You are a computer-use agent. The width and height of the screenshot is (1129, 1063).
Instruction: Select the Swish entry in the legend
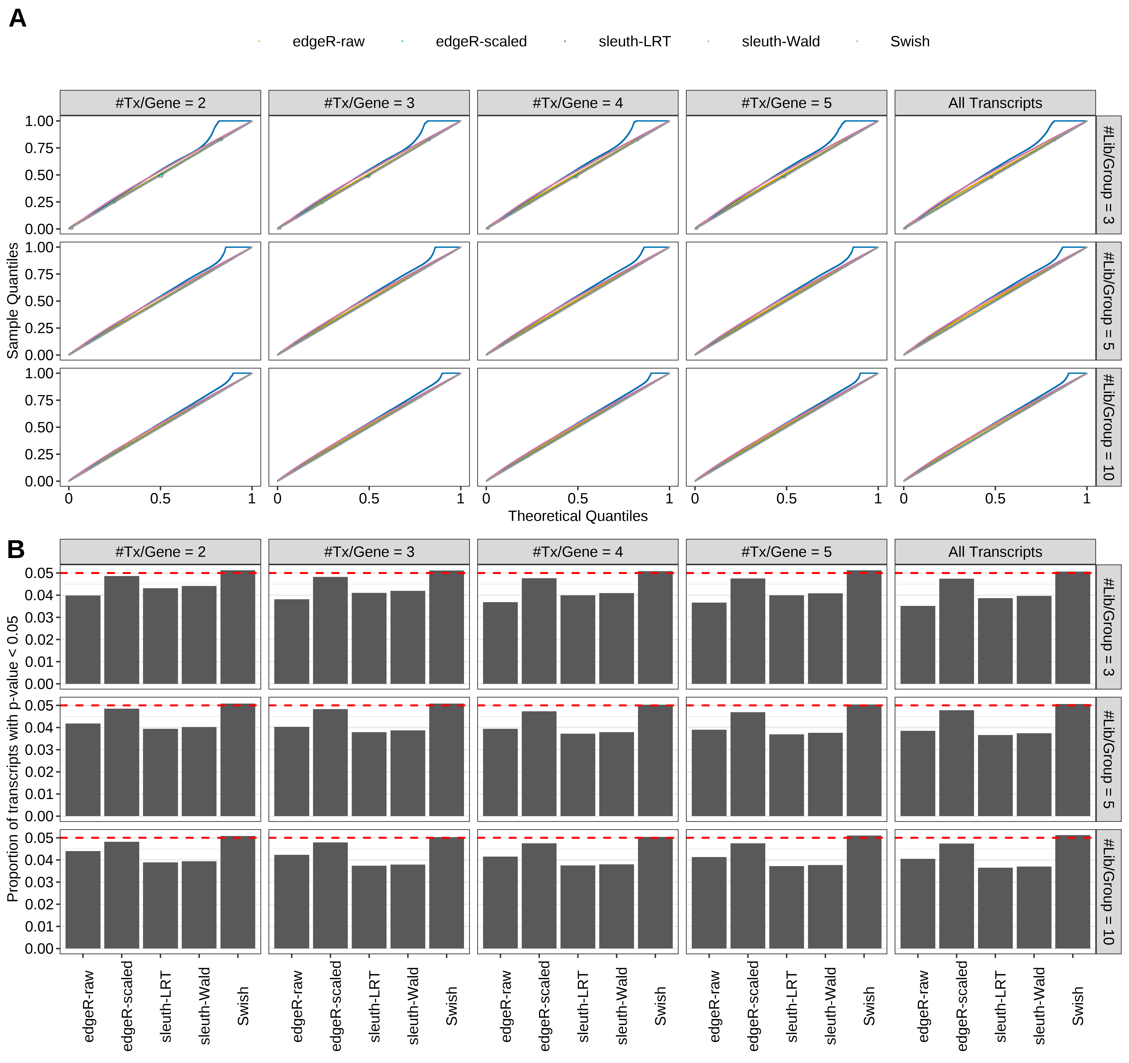pyautogui.click(x=909, y=41)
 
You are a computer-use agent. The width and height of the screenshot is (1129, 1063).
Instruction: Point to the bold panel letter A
pyautogui.click(x=18, y=19)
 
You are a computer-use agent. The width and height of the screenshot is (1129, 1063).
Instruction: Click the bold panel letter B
pyautogui.click(x=16, y=549)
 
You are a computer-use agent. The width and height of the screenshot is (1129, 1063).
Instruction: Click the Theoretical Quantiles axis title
pyautogui.click(x=578, y=516)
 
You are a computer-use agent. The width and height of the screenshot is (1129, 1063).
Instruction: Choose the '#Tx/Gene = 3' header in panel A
pyautogui.click(x=369, y=103)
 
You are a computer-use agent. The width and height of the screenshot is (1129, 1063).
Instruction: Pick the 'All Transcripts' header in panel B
pyautogui.click(x=995, y=552)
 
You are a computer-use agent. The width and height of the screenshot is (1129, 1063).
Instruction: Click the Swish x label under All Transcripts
pyautogui.click(x=1077, y=1006)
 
